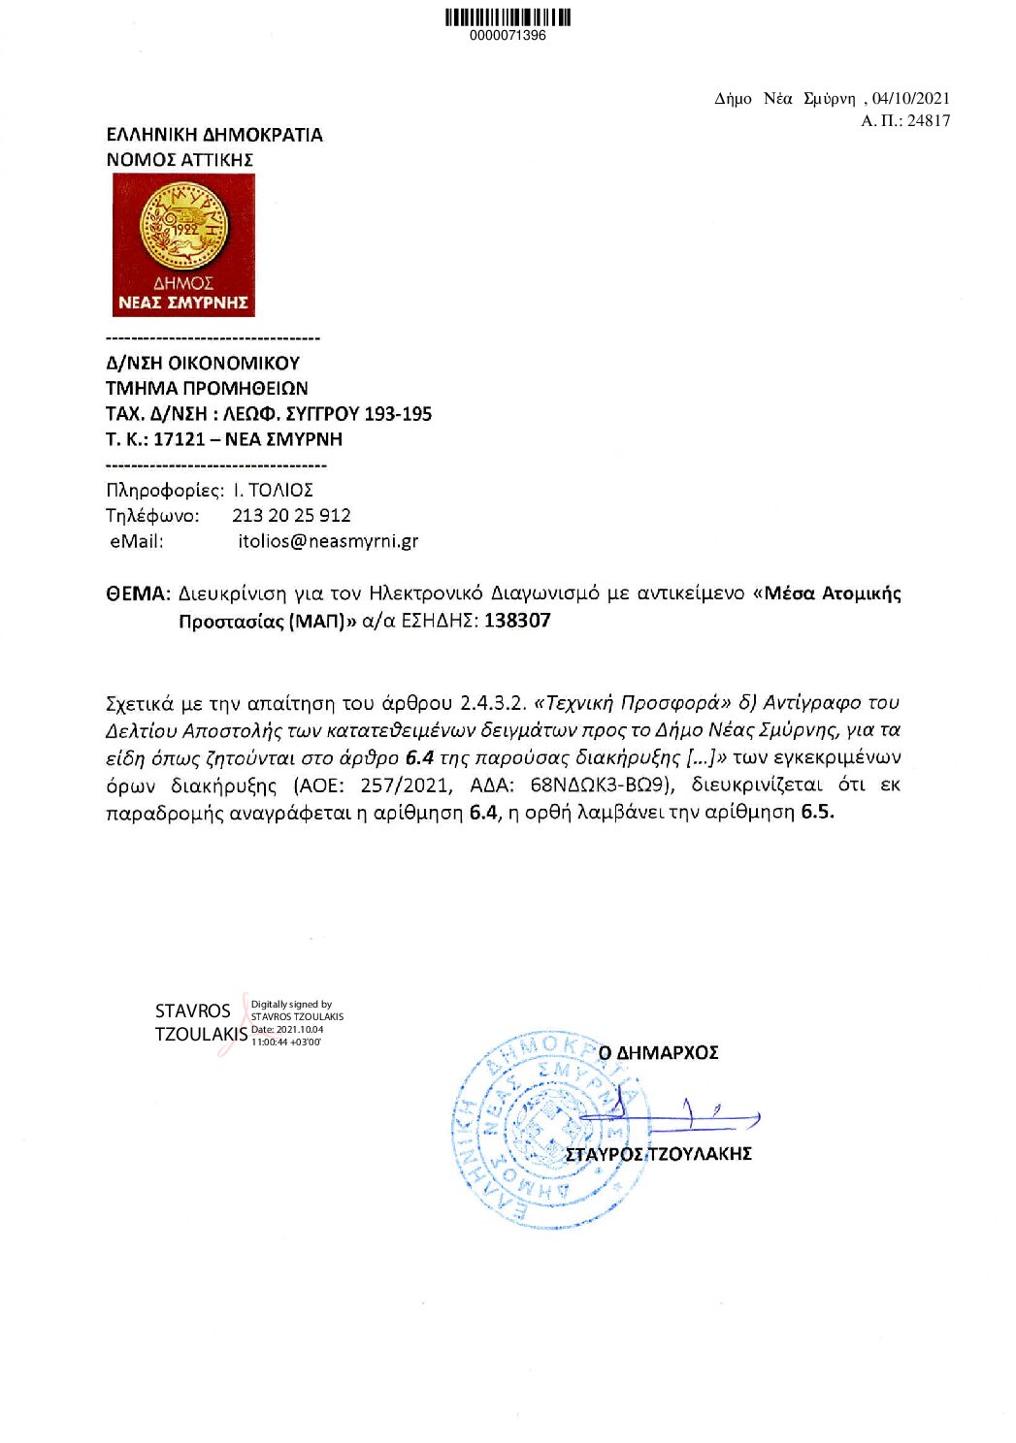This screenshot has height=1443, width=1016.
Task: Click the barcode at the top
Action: click(x=508, y=16)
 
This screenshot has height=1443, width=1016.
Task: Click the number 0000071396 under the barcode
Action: click(x=508, y=36)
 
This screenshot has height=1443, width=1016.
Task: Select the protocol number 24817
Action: click(x=929, y=121)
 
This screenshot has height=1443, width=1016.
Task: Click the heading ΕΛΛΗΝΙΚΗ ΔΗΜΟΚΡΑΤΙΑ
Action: click(x=214, y=135)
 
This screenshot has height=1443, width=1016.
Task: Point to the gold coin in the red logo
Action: click(x=183, y=227)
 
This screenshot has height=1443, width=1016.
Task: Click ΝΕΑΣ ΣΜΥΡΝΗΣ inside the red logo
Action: click(x=183, y=303)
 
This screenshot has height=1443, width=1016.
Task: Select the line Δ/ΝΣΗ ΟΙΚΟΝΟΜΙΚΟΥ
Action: click(x=203, y=364)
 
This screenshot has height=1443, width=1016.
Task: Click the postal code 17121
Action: click(x=180, y=439)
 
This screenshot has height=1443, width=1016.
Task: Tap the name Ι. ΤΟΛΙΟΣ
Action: click(x=273, y=491)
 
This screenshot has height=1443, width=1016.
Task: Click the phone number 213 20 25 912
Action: click(x=291, y=516)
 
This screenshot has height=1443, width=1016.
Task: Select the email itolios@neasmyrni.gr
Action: click(x=328, y=541)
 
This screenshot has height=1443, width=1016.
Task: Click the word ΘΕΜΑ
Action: click(x=137, y=593)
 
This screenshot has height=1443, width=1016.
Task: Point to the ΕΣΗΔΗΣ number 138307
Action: click(x=517, y=621)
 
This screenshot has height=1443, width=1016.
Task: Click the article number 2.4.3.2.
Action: click(x=493, y=703)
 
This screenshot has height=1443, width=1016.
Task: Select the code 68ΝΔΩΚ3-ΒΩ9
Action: click(x=602, y=785)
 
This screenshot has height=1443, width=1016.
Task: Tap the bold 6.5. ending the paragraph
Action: click(x=817, y=812)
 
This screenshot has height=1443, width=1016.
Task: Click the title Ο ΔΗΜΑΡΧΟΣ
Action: click(x=659, y=1053)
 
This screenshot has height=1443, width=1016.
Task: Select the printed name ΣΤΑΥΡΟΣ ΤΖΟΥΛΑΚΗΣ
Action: click(x=659, y=1154)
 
